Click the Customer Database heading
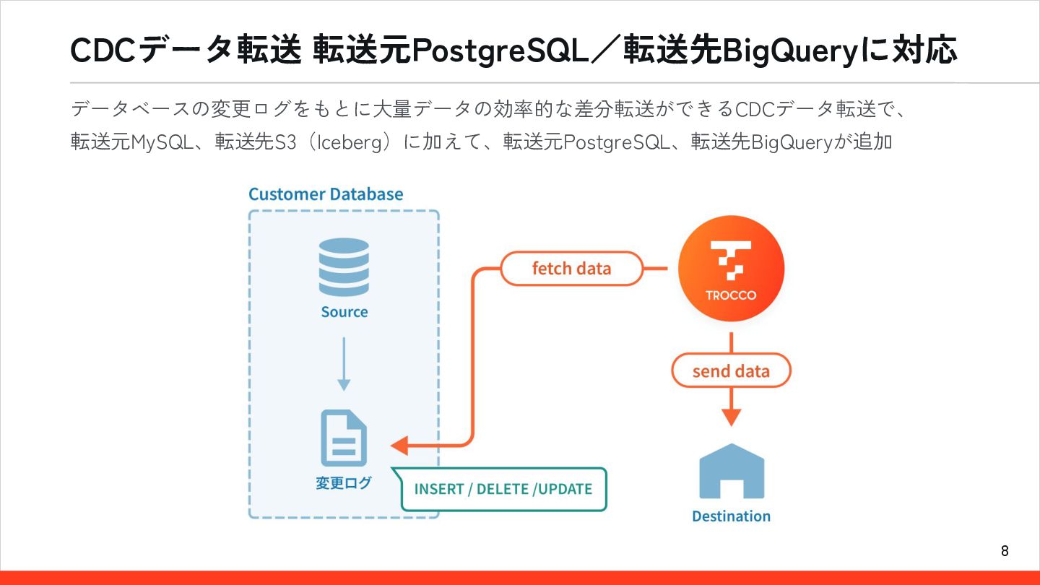click(x=326, y=194)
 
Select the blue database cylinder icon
click(x=344, y=266)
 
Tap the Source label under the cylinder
click(x=344, y=312)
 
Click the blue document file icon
click(x=344, y=438)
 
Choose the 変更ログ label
click(x=344, y=483)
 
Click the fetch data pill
click(x=571, y=269)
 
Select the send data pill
click(x=731, y=371)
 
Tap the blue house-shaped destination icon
click(x=732, y=471)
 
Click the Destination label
click(x=731, y=516)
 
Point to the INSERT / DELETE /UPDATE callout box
click(x=503, y=489)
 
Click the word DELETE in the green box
click(x=503, y=489)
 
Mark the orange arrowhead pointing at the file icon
click(x=399, y=445)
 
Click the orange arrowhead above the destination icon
click(x=732, y=417)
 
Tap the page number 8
click(x=1005, y=552)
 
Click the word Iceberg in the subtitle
click(x=349, y=142)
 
